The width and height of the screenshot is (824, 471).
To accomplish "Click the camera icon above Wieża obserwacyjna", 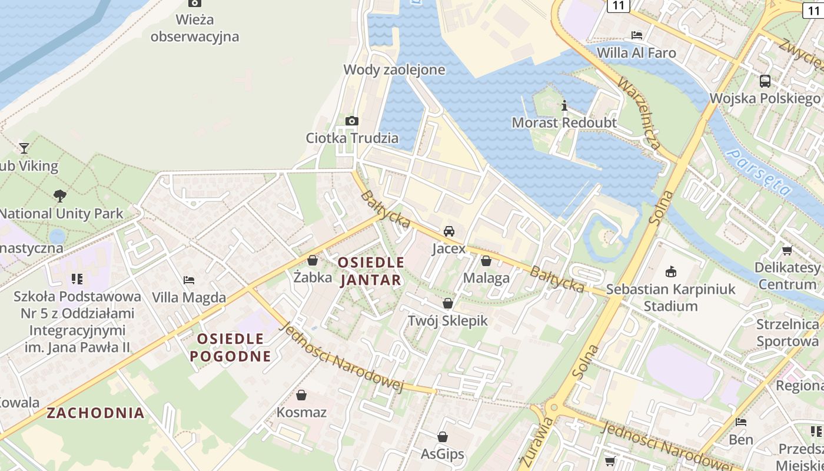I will tap(195, 4).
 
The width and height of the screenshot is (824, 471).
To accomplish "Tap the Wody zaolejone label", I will tap(394, 69).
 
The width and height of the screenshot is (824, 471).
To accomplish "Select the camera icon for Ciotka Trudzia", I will tap(352, 121).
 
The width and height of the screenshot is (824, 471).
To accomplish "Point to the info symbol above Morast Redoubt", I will tap(564, 105).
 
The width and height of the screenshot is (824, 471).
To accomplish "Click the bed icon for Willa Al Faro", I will tap(636, 35).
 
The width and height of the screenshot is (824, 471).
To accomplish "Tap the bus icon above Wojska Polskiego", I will tap(765, 81).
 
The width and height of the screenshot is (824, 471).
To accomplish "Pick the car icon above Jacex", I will tap(449, 231).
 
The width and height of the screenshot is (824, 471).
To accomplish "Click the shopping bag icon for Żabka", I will tap(313, 260).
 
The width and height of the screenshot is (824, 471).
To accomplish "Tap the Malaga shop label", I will tap(486, 278).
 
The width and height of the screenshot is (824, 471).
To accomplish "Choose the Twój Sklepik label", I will tap(448, 320).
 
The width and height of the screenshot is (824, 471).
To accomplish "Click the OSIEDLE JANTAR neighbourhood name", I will tap(371, 271).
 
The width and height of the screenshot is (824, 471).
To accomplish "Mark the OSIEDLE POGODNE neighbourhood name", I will tap(230, 347).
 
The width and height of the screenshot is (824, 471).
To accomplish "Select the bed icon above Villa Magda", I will tap(189, 280).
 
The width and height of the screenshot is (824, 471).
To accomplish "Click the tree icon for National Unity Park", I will tap(59, 195).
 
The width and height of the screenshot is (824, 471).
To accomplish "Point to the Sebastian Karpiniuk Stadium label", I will tap(670, 297).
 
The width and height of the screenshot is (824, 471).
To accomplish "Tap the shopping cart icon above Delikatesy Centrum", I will tap(788, 250).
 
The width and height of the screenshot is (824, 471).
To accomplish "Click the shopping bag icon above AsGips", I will tap(443, 437).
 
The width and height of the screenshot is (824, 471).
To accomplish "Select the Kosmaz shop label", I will tap(301, 412).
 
